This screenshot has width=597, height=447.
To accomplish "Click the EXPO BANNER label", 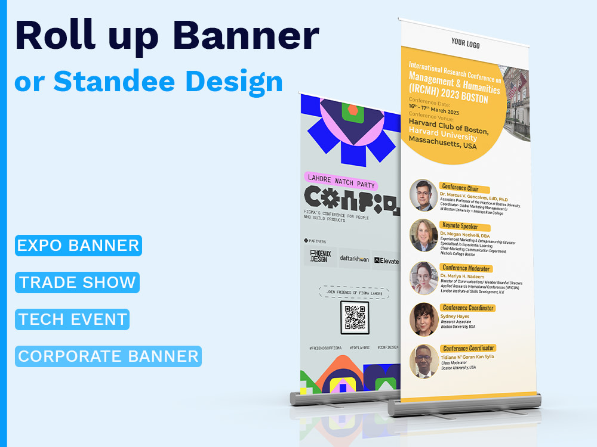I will pos(78,245).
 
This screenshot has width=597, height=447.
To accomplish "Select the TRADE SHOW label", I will pos(78,282).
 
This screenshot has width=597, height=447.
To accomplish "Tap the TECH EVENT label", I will pos(72,319).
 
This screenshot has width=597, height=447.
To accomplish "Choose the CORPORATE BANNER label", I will pos(108,356).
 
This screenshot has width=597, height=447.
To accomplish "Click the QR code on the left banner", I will pos(355,316).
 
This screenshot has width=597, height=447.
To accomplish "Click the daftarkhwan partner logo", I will pos(355,258).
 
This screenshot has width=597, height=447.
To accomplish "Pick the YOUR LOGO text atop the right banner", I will pos(466,43).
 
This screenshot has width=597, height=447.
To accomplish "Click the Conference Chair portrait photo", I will pos(423,195).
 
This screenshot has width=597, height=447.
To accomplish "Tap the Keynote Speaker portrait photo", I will pos(423,235).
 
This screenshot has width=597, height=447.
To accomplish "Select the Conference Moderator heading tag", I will pos(466,268).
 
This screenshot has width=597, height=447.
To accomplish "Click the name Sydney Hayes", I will pos(454,316).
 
